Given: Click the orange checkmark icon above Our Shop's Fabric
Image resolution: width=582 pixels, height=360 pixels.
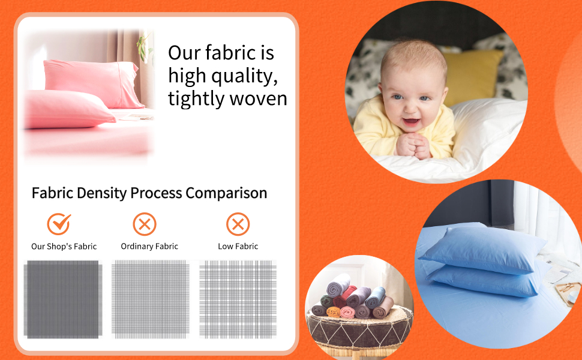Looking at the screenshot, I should [59, 224].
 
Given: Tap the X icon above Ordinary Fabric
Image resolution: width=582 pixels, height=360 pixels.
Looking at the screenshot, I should [145, 224].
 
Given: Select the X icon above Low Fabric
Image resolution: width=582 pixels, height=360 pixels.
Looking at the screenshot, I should [238, 224].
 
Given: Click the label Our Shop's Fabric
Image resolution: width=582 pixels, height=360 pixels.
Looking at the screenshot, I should [64, 247].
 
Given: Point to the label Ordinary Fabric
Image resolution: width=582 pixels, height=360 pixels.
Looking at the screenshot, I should [149, 247].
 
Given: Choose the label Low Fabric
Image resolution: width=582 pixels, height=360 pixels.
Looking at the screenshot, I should [238, 247].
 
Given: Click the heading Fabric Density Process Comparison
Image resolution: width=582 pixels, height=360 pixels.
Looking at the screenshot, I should [149, 193].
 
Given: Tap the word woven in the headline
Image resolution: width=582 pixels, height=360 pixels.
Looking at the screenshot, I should [256, 98].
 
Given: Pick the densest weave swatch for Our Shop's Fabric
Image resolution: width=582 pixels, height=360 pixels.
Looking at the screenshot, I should [63, 298].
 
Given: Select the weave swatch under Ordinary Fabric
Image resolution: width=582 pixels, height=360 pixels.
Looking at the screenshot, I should [150, 298].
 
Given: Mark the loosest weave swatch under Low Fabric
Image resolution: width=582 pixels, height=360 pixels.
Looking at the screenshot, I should [238, 298].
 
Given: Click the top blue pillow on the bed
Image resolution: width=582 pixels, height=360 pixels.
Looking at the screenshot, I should [480, 250].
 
